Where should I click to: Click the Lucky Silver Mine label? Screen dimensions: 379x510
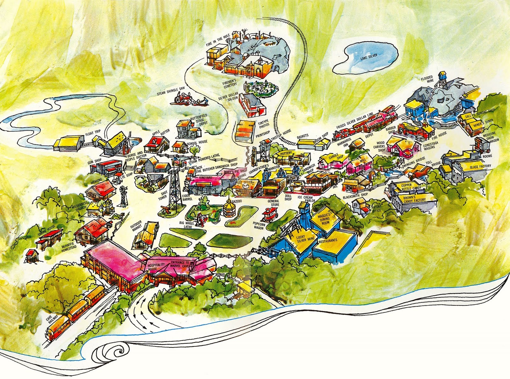(x=299, y=241)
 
